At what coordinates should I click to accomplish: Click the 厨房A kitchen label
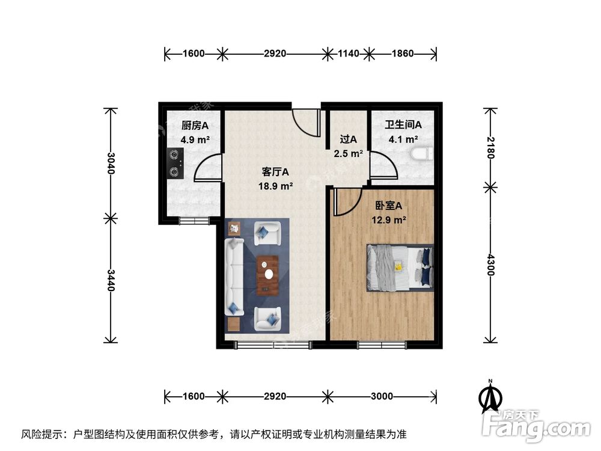click(x=195, y=126)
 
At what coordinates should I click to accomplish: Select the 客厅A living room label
click(x=274, y=172)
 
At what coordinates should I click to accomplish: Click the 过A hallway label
click(x=349, y=139)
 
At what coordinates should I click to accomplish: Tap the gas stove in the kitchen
click(x=174, y=163)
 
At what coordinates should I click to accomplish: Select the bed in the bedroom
click(x=400, y=268)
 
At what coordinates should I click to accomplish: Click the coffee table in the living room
click(x=267, y=275)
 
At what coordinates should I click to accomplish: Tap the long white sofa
click(x=233, y=277)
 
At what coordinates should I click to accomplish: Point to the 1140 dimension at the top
click(x=348, y=54)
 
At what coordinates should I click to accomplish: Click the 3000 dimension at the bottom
click(x=382, y=396)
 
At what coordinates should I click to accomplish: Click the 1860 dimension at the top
click(x=402, y=54)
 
